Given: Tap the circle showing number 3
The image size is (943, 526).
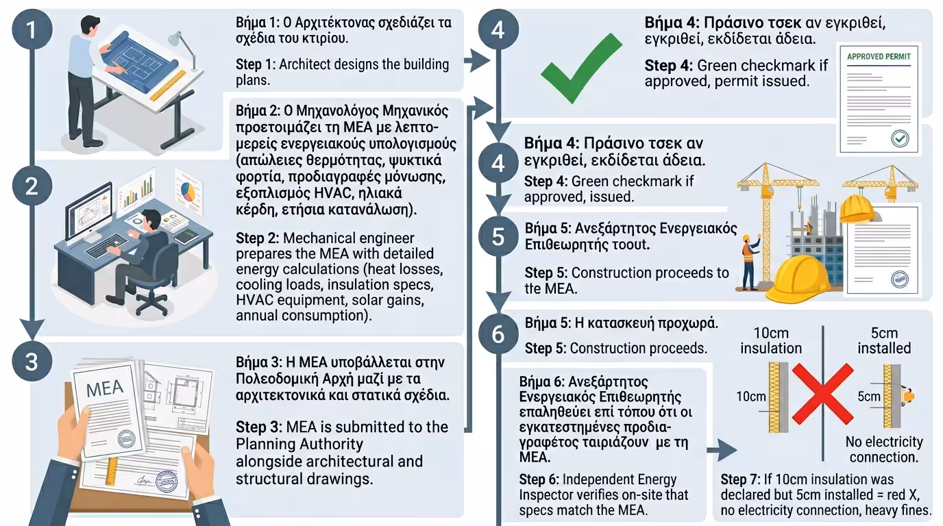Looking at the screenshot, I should coord(31,361).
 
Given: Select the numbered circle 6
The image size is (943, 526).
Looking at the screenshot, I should coord(498,334).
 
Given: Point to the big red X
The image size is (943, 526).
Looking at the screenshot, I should coord(822,394).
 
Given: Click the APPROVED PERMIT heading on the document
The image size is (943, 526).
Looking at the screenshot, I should coord(879,56).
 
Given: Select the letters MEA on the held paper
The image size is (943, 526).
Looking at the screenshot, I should coord(105,388).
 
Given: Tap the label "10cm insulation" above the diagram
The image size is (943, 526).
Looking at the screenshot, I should coord(770,340).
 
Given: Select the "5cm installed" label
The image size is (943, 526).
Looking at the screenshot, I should coord(883,340).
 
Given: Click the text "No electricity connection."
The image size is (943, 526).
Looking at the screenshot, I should coord(883,449).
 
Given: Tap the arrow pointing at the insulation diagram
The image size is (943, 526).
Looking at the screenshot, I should coord(721,451).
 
